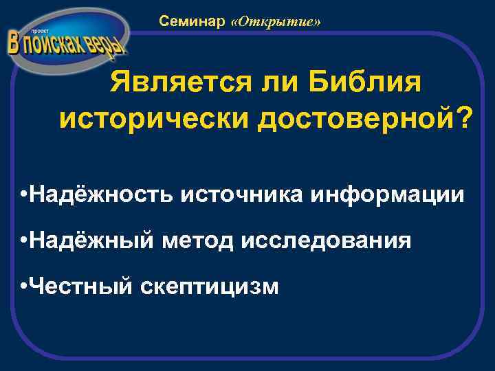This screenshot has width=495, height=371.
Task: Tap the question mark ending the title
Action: [x=466, y=120]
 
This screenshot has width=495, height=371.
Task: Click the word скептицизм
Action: [x=209, y=286]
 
